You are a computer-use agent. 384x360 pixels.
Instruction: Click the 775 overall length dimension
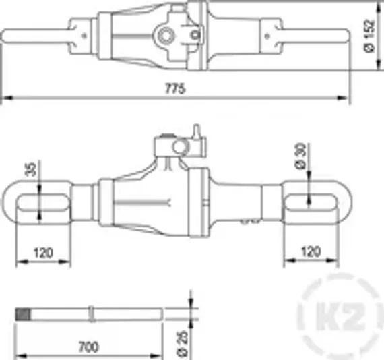point(176,89)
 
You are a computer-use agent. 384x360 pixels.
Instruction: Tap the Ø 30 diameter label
point(300,156)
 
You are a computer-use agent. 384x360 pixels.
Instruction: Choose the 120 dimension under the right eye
point(311,253)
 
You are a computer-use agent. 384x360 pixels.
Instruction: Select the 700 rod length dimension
point(88,347)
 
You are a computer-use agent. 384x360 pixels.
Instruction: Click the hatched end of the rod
point(24,313)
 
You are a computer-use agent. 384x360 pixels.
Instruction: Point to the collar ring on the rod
point(91,313)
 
